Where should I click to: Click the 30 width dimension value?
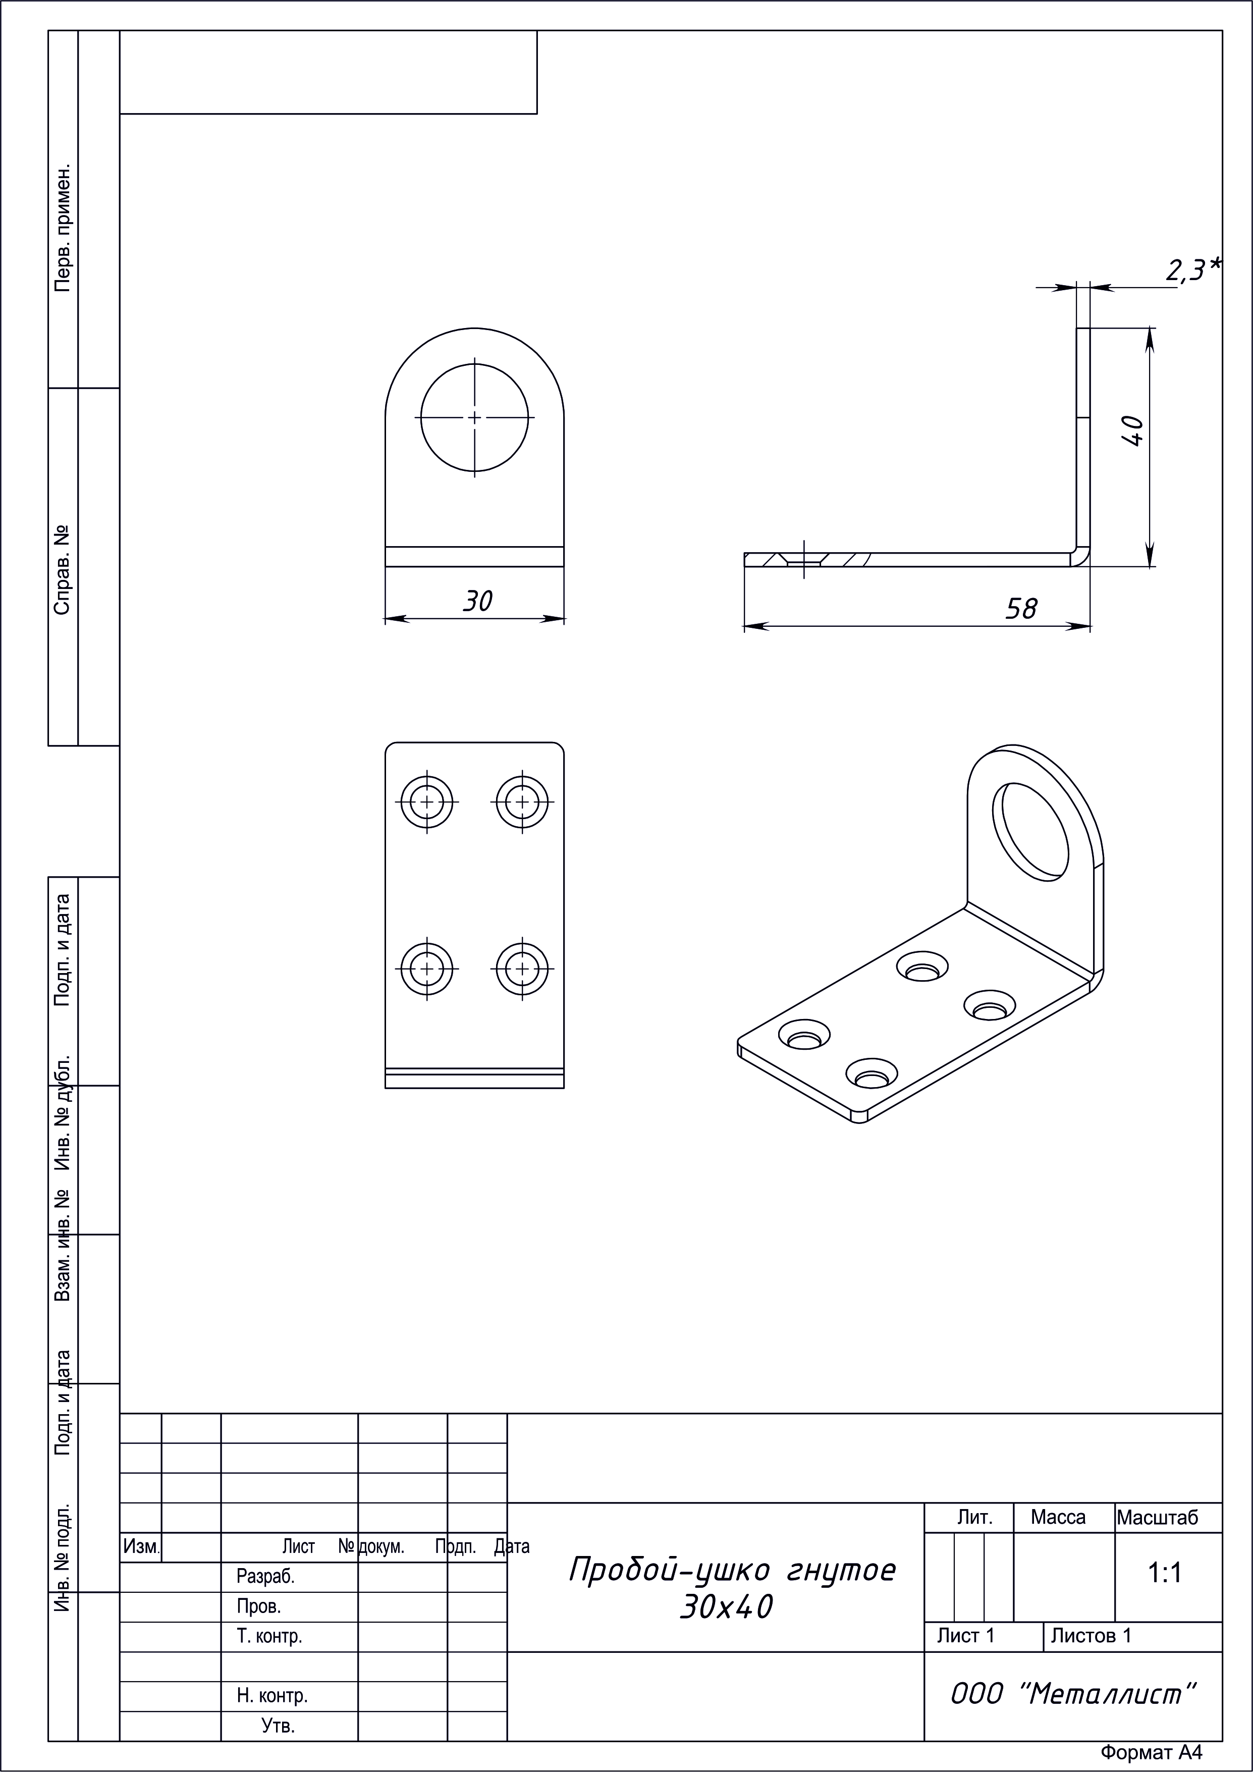[x=477, y=601]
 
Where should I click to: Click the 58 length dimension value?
[x=1021, y=609]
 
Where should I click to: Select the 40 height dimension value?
[x=1132, y=431]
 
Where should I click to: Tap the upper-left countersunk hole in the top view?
[x=427, y=802]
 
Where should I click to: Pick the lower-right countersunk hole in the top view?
[x=522, y=968]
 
